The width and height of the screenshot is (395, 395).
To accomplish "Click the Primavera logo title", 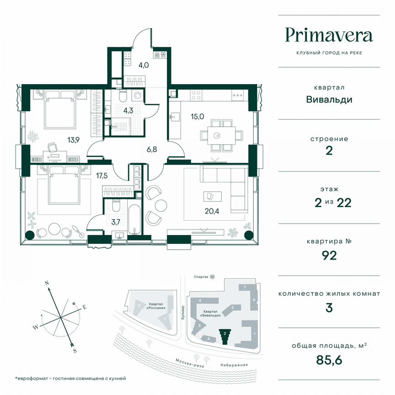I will (x=329, y=36).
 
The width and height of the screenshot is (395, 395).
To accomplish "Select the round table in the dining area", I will (x=218, y=135).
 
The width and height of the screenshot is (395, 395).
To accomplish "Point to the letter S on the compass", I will (x=75, y=350).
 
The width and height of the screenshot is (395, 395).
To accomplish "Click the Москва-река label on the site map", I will (x=189, y=362).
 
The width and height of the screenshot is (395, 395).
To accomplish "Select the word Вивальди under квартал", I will (x=329, y=99).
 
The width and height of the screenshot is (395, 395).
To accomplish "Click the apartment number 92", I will (x=329, y=255).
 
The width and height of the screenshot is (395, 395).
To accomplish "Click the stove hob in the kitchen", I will (x=196, y=96).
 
